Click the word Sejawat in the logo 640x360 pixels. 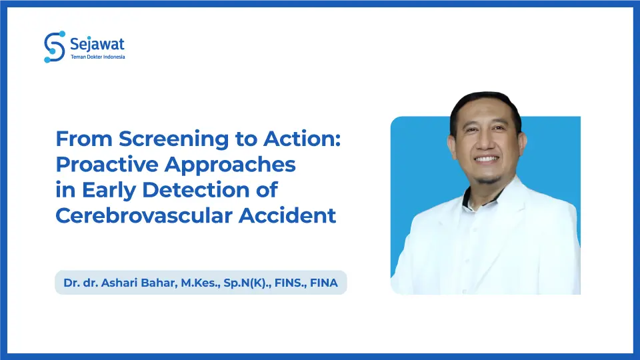[x=97, y=44]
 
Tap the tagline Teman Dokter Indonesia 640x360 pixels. [x=97, y=57]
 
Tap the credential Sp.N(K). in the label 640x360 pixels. [x=241, y=283]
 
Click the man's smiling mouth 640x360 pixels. [x=485, y=160]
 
